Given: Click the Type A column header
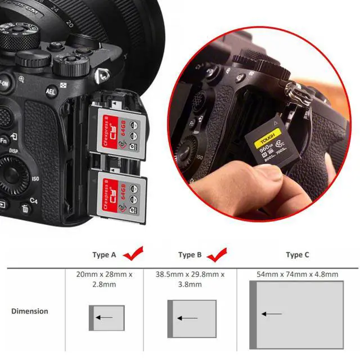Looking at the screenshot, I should [104, 255].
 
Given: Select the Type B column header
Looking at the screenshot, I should [190, 255].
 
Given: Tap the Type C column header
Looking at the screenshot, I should [298, 255].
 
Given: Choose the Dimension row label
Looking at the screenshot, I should [30, 310].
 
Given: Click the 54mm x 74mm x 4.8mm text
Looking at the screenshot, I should [297, 274].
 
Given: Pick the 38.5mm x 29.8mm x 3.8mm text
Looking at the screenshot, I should [190, 279].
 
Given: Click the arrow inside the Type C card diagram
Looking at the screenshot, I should [273, 314].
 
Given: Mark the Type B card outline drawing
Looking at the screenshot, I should [192, 318].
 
